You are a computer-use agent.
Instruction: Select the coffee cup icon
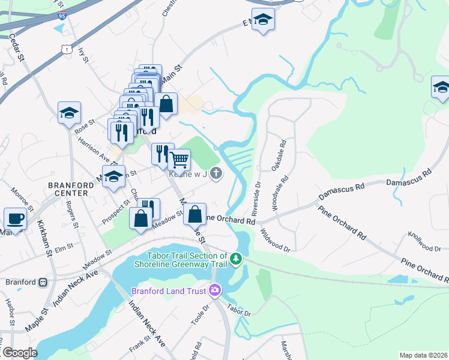tap(14, 218)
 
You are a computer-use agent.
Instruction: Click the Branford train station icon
tap(43, 282)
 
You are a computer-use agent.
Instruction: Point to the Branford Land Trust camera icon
tap(214, 291)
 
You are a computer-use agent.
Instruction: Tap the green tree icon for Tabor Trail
tap(237, 259)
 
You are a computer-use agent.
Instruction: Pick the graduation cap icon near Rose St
tap(69, 113)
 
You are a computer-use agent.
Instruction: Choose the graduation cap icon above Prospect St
tap(113, 177)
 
